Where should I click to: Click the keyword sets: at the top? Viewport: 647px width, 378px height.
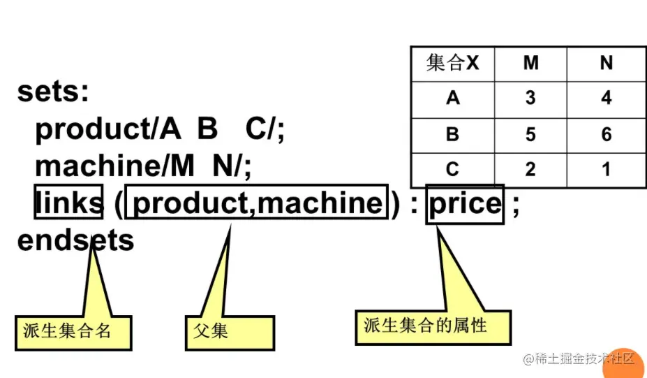(x=53, y=92)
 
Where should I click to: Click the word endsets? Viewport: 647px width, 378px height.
(x=75, y=240)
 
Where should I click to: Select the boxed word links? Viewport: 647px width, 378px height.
(x=68, y=203)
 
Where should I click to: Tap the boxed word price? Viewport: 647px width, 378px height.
(x=466, y=203)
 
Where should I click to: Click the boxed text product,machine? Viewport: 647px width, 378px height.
(x=258, y=203)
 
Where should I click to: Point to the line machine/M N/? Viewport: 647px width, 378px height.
(x=143, y=166)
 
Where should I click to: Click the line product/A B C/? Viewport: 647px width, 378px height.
(x=160, y=129)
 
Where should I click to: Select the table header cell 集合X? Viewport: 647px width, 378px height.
(x=452, y=64)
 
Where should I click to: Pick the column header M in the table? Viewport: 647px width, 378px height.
(x=530, y=64)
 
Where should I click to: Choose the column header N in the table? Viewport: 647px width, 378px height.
(x=606, y=64)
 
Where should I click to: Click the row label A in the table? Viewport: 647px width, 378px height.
(x=452, y=99)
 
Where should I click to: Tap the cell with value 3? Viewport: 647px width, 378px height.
(x=530, y=99)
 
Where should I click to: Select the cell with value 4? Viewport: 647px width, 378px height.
(x=606, y=99)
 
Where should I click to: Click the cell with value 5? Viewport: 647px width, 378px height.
(x=530, y=134)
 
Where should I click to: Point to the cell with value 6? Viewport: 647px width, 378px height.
(x=606, y=134)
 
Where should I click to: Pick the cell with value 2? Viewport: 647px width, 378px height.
(x=530, y=169)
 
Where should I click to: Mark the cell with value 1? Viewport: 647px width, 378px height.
(x=606, y=169)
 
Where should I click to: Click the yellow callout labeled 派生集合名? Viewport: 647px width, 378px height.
(x=73, y=331)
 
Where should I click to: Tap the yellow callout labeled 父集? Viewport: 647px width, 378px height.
(x=230, y=331)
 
